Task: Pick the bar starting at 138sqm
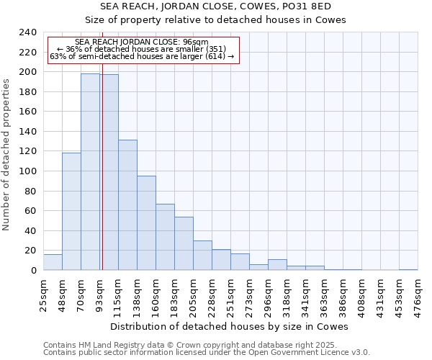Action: coord(146,223)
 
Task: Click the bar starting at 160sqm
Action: coord(165,237)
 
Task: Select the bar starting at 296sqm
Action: coord(277,265)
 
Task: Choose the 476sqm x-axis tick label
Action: coord(418,293)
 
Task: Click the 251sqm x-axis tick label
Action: coord(231,293)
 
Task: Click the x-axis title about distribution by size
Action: coord(230,326)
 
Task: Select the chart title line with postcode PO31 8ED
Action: coord(230,6)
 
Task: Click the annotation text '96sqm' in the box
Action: coord(195,42)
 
